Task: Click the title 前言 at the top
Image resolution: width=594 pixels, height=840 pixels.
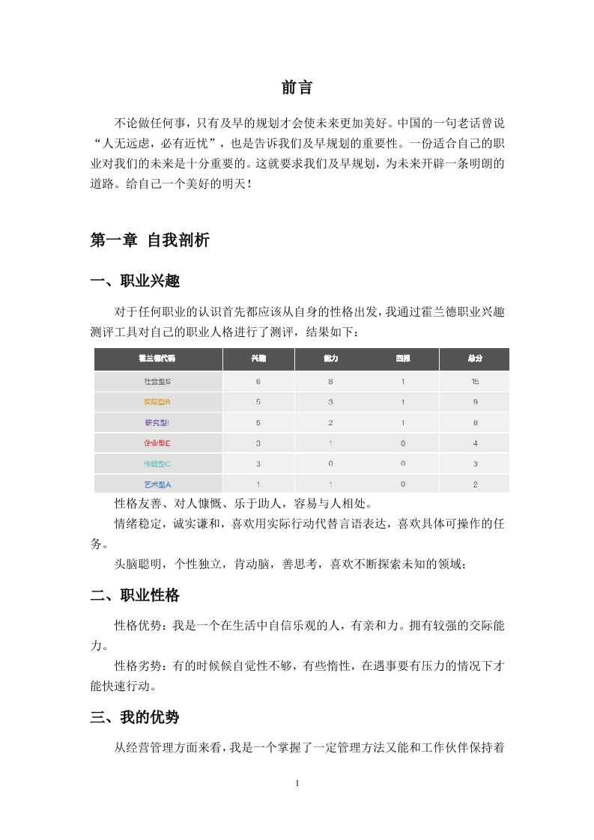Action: (297, 88)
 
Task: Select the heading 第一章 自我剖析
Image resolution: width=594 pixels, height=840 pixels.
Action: (150, 240)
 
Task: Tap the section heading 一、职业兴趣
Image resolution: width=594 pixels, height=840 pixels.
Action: (135, 281)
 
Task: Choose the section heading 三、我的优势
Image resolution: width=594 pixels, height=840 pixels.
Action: (135, 716)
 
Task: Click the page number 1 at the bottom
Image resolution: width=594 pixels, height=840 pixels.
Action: (297, 783)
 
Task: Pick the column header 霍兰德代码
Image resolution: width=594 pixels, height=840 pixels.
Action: (157, 359)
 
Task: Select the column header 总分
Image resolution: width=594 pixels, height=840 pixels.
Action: (475, 359)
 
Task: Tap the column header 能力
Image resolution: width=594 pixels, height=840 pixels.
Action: (330, 359)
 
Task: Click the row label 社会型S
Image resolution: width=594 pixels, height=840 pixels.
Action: (157, 381)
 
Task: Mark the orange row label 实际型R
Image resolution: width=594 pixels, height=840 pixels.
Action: (157, 402)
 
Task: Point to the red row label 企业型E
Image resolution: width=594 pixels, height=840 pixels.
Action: (157, 443)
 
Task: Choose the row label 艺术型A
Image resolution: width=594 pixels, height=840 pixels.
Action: (157, 484)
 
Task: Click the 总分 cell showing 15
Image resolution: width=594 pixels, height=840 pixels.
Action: (475, 381)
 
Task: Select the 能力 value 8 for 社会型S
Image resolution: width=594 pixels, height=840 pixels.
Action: (330, 381)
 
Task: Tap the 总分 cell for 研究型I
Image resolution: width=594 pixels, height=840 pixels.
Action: (475, 422)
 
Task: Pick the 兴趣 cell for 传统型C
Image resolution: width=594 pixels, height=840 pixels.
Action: (258, 463)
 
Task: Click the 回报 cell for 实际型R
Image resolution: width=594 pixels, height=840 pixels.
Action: (403, 402)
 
